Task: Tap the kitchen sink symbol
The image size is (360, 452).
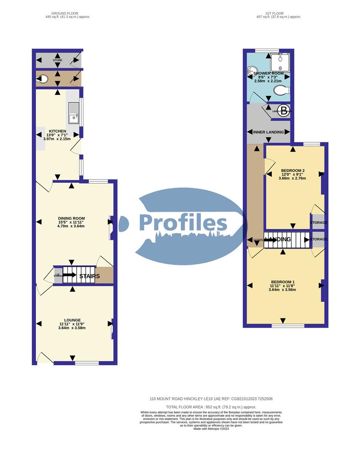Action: pos(74,113)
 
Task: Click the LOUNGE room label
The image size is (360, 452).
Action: pos(72,320)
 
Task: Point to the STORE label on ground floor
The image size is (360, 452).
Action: pos(57,61)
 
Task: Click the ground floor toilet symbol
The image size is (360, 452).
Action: pos(42,78)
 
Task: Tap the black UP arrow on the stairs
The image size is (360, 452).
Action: pos(69,275)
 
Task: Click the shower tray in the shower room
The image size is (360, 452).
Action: pos(279,62)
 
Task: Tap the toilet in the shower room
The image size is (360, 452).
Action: pos(280,90)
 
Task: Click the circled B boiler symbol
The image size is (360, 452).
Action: pos(284,110)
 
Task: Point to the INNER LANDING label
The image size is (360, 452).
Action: pos(268,132)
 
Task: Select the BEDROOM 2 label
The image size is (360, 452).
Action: pos(292,170)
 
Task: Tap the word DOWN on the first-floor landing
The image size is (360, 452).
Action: pos(258,240)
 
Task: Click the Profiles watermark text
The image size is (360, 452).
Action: pos(183,223)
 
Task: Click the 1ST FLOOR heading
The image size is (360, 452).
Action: pos(278,13)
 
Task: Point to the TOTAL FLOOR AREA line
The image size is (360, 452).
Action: pos(211,407)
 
